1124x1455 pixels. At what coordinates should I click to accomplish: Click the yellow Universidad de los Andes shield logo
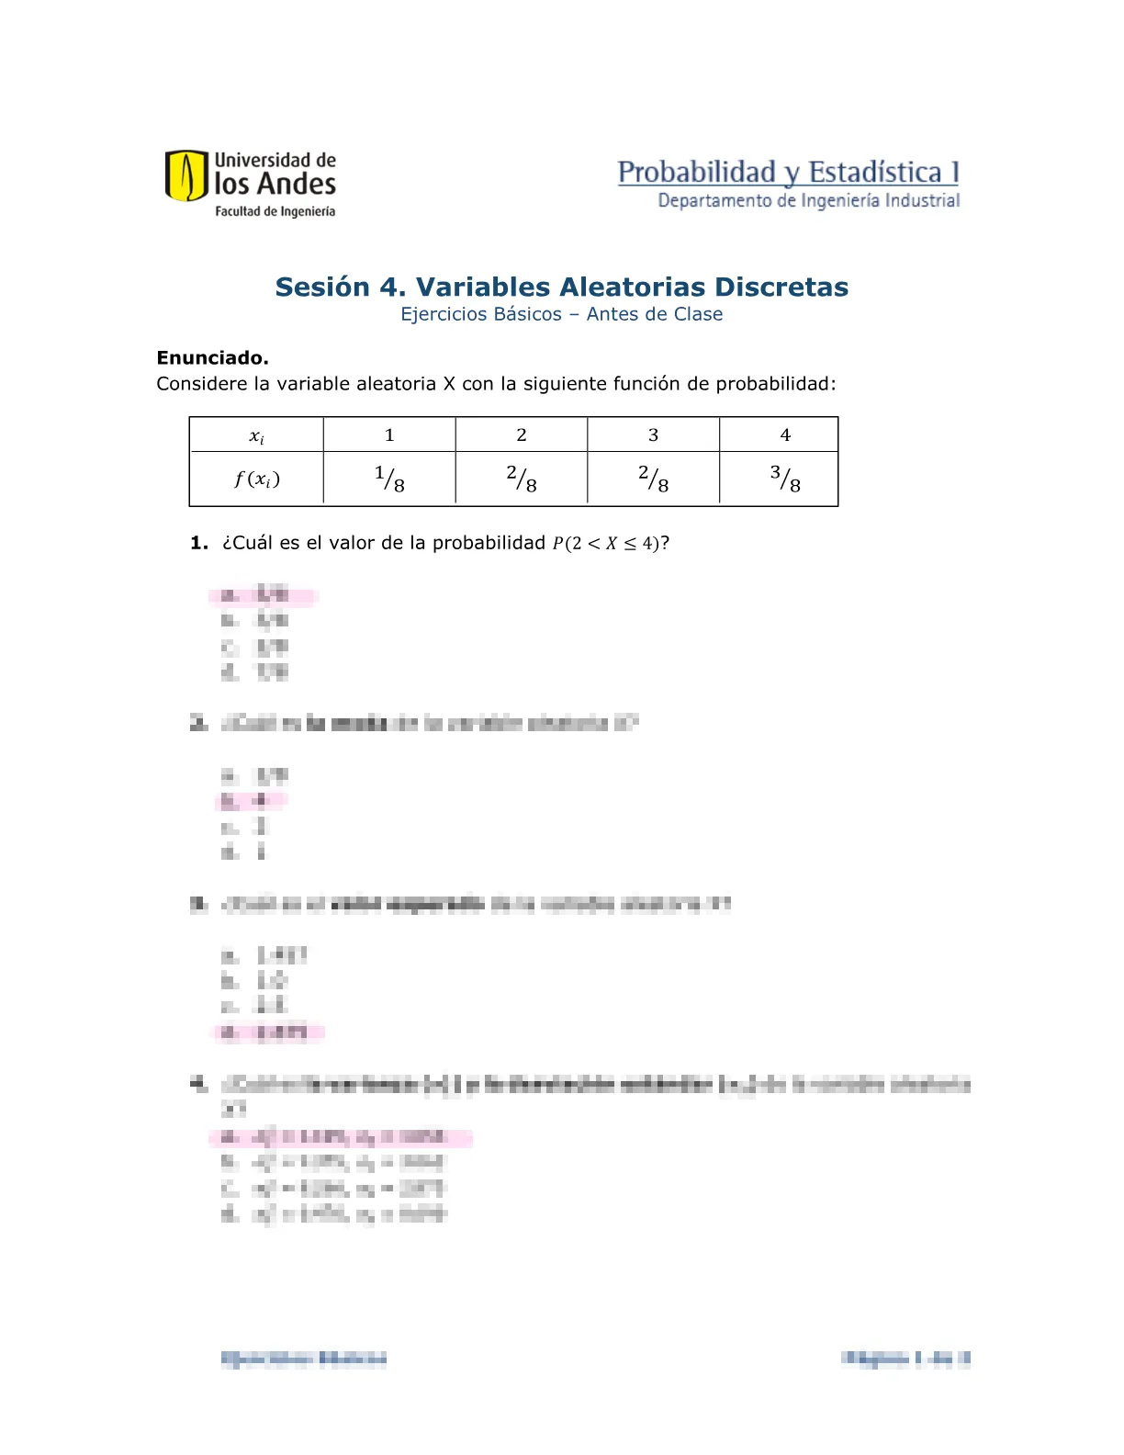185,175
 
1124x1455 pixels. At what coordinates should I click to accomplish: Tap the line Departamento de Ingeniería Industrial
808,201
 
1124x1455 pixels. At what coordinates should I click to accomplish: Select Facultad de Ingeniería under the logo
275,212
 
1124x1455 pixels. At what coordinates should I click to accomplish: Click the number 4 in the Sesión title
389,288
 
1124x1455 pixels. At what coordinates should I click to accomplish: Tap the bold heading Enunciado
212,358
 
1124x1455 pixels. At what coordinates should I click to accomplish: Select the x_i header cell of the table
256,435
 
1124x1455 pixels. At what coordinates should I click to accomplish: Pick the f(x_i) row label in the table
256,479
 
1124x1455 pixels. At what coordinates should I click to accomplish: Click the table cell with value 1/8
389,479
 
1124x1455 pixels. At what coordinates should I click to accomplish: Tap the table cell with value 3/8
785,479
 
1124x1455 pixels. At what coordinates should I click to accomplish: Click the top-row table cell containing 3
653,435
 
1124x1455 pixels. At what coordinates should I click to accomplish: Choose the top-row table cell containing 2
522,435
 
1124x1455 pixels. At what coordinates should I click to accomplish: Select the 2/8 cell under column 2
522,479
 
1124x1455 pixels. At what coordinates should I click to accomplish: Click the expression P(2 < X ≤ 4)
606,544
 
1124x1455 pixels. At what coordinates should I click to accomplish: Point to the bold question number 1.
198,544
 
